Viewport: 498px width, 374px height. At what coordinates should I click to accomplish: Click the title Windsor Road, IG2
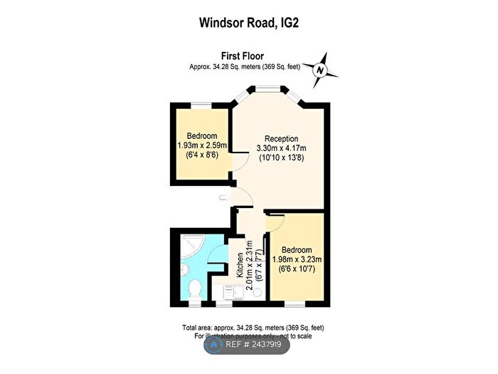[x=249, y=23]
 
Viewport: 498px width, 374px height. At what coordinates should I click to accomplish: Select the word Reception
[x=281, y=139]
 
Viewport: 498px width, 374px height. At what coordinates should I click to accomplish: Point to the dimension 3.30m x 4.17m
[x=281, y=149]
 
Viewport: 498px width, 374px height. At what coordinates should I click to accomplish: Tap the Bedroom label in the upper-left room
[x=202, y=136]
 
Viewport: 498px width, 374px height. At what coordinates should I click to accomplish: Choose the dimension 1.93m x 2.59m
[x=202, y=146]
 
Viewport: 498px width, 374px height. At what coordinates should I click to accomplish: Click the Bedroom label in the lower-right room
[x=297, y=250]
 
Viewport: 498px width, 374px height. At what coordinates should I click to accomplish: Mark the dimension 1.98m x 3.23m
[x=297, y=260]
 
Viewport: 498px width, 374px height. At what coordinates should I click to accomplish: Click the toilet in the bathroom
[x=196, y=289]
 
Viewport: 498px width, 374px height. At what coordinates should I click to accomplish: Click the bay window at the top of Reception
[x=267, y=89]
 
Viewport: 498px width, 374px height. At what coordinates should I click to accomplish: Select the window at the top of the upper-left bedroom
[x=201, y=106]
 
